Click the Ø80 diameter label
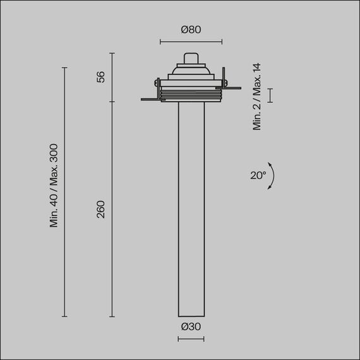click(x=190, y=29)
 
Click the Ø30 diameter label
click(x=190, y=327)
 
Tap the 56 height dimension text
click(x=100, y=77)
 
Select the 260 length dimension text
click(x=100, y=209)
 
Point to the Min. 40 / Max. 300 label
click(x=54, y=185)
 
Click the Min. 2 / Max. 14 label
click(x=257, y=96)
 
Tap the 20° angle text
click(x=258, y=176)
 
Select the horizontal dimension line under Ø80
click(x=191, y=42)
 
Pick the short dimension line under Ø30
click(x=190, y=339)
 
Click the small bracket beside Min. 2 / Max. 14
click(x=271, y=95)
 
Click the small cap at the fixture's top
click(x=190, y=58)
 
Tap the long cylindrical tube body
click(x=190, y=208)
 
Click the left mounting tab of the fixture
click(x=150, y=99)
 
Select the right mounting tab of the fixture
click(x=231, y=87)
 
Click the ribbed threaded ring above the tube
click(x=190, y=95)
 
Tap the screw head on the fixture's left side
click(x=156, y=81)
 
